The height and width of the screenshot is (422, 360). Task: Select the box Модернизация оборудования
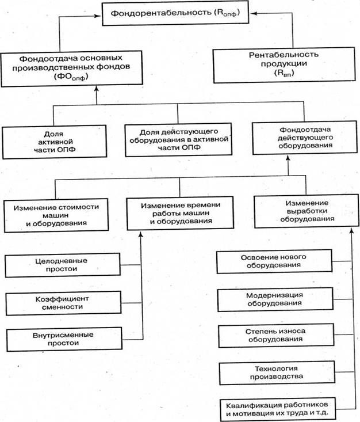(x=274, y=298)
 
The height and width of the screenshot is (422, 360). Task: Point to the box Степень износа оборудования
(x=274, y=334)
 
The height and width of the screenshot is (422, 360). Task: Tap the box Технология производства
(x=274, y=372)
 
